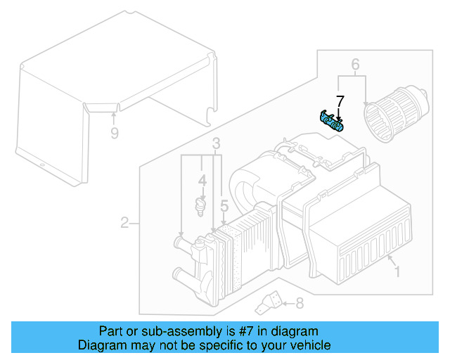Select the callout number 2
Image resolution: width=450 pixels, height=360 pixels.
(124, 224)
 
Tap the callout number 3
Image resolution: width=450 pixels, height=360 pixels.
(217, 144)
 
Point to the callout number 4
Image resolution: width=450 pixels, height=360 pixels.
(202, 181)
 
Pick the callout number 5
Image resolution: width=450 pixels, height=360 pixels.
(224, 206)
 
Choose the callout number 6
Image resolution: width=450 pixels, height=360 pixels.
(356, 66)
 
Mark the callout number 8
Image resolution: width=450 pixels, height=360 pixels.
(299, 304)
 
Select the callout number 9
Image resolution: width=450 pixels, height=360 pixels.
(114, 131)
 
